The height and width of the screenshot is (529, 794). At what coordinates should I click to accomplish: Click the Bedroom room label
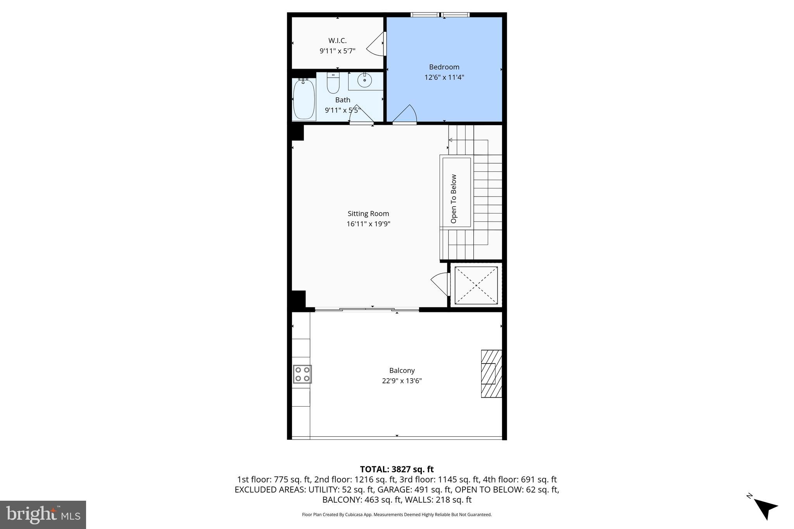click(x=444, y=67)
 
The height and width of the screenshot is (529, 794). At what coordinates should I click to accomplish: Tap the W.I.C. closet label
click(x=337, y=41)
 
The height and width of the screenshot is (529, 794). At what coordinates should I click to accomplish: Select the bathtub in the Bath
click(x=304, y=99)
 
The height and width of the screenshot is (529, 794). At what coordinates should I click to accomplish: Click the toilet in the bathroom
click(x=333, y=83)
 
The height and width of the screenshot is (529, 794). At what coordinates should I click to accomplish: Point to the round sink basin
click(x=364, y=81)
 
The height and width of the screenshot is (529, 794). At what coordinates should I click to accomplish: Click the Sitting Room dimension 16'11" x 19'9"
click(x=368, y=224)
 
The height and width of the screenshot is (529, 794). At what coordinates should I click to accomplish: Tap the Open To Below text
click(x=454, y=199)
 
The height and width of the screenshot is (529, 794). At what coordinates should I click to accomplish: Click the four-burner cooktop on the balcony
click(x=302, y=374)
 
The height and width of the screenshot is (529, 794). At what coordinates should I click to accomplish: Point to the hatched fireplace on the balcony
click(x=491, y=374)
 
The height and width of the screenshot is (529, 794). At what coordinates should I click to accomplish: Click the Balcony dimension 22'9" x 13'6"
click(x=402, y=381)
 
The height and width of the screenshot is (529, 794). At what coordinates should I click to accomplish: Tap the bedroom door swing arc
click(x=406, y=114)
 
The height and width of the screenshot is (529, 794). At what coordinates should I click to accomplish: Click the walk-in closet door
click(x=376, y=44)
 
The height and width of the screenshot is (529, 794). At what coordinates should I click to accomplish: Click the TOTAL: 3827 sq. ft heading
click(x=397, y=469)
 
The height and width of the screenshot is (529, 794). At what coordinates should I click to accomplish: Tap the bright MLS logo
click(x=43, y=514)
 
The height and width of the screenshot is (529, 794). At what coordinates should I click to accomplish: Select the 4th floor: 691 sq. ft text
click(x=520, y=479)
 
